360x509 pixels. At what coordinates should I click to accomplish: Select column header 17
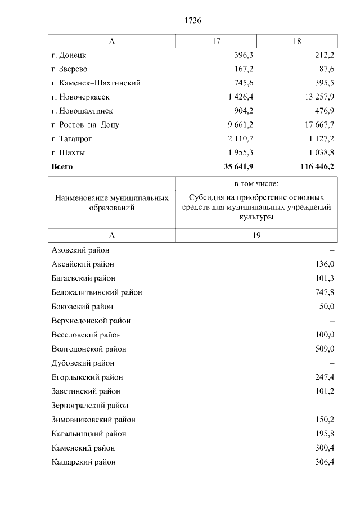216,42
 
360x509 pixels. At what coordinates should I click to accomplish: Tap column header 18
297,42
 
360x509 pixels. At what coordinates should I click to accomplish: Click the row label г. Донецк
69,55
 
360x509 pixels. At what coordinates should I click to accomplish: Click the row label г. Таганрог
71,139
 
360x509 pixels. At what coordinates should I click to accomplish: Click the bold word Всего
62,166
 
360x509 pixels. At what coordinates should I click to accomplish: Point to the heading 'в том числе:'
256,183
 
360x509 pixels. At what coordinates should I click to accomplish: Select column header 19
256,236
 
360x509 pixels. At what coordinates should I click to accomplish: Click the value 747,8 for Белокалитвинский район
325,292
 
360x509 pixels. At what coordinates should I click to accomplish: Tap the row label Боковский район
82,307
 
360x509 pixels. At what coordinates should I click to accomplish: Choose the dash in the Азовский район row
332,250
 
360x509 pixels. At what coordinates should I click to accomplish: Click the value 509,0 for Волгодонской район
325,349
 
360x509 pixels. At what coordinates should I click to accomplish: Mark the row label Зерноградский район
90,405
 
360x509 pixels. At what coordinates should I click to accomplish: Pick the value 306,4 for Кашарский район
325,462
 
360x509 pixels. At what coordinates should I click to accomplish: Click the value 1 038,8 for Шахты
319,152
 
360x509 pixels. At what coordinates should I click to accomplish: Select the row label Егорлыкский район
87,377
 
